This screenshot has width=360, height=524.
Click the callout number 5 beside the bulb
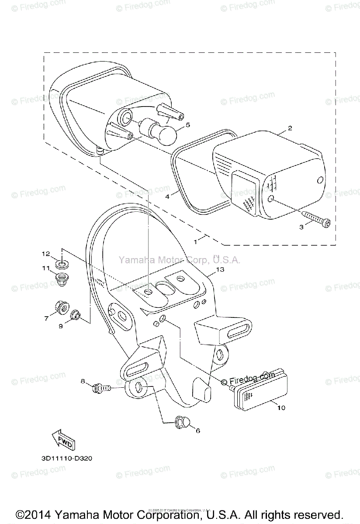(x=188, y=125)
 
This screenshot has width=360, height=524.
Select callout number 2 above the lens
(x=289, y=128)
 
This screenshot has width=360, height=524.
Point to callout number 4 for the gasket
(x=167, y=196)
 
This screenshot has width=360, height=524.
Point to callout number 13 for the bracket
(x=220, y=269)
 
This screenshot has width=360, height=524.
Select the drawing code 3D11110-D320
(x=65, y=459)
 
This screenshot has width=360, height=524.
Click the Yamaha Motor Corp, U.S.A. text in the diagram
(x=179, y=260)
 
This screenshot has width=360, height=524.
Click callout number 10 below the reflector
(x=281, y=408)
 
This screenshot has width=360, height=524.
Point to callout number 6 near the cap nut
(x=197, y=431)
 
